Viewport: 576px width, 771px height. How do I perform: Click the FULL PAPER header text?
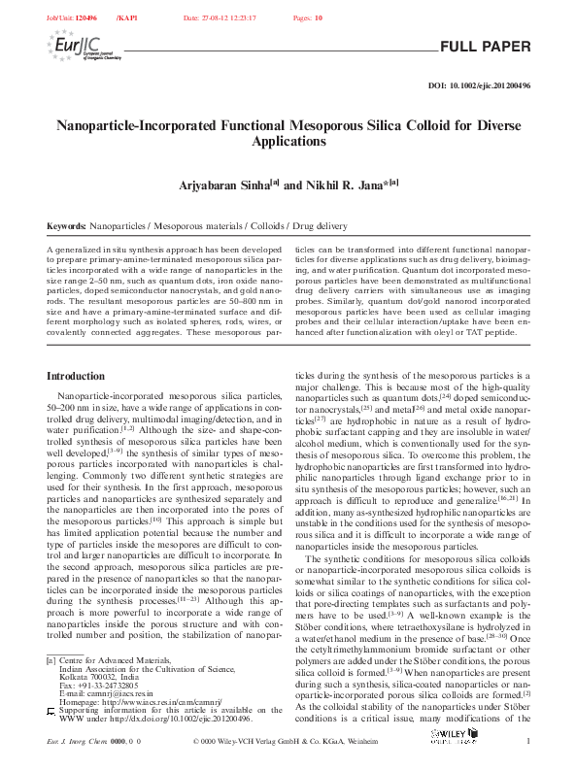click(x=486, y=47)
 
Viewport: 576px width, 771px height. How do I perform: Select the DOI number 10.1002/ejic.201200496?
click(x=491, y=86)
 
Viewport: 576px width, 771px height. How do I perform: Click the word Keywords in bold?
click(x=66, y=225)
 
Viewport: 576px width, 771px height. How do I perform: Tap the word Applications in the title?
click(x=288, y=142)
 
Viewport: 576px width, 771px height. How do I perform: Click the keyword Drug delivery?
click(x=289, y=225)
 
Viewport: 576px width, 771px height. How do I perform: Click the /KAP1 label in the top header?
click(x=127, y=18)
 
